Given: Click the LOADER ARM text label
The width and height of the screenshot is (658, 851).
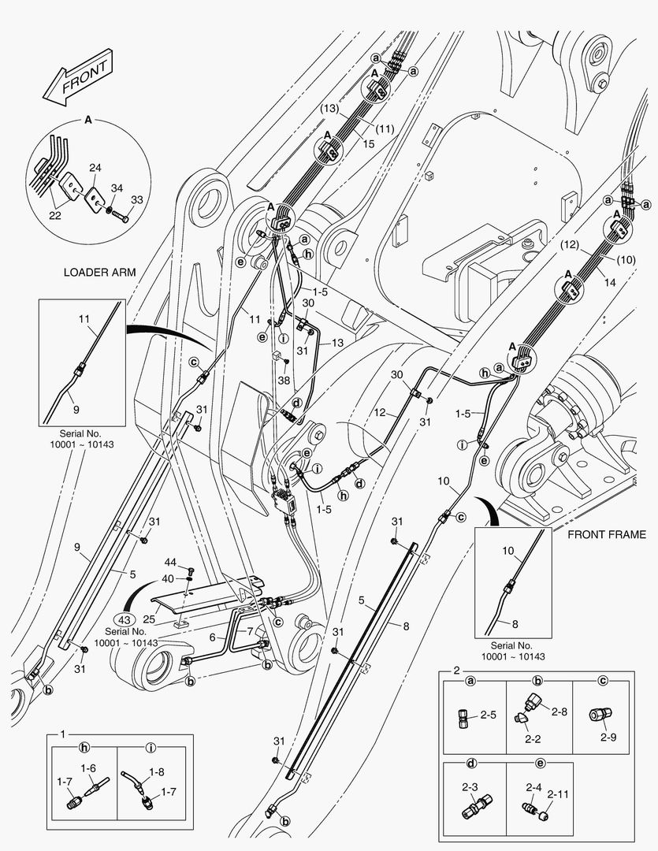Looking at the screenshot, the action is point(100,273).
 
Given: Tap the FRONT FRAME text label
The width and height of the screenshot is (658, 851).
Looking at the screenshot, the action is point(607,534).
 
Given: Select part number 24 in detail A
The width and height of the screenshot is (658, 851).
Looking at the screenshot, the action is point(95,169).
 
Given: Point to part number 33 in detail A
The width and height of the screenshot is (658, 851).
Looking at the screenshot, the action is point(137,199).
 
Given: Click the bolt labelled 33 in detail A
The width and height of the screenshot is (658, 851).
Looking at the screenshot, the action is point(121,217).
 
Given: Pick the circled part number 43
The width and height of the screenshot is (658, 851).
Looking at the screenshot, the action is point(125,620).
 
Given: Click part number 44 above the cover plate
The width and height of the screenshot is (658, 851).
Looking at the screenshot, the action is point(170,563).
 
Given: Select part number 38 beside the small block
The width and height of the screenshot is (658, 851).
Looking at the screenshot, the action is point(284,381).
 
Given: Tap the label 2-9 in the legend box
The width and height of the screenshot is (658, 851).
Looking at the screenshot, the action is point(608,737).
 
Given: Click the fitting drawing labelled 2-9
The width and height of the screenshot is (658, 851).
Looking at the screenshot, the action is point(600,714).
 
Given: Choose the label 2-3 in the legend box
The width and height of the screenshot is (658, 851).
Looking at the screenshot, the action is point(470,787).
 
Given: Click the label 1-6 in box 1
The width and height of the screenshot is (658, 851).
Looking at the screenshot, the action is point(88,768).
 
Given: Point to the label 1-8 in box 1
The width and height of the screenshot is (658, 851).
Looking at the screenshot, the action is point(156,771).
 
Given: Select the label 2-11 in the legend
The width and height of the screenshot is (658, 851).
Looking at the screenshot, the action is point(558,794).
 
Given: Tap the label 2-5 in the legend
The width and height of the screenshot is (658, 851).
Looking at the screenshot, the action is point(488,715).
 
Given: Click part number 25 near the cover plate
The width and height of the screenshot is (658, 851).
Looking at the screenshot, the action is point(149,619).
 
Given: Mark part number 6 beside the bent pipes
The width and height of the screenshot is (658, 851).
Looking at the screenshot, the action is point(212,637).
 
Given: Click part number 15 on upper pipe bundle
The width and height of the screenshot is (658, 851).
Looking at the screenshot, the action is point(369,144).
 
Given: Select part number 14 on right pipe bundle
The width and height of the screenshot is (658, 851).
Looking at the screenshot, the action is point(610,283).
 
